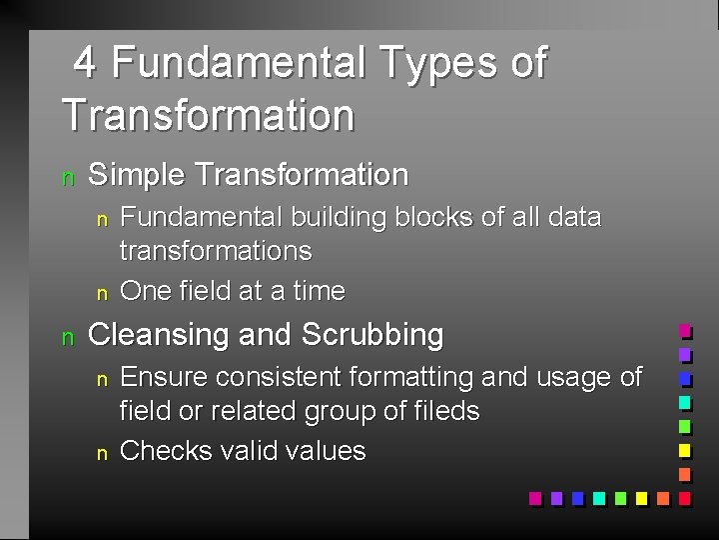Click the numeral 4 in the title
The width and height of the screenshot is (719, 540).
click(x=86, y=63)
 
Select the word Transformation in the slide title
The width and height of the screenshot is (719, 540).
click(x=208, y=114)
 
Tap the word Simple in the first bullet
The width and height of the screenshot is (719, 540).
click(x=138, y=175)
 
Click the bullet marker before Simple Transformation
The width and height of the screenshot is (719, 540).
click(x=67, y=178)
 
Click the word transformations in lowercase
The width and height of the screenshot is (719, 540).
click(x=216, y=250)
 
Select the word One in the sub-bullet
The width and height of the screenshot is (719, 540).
click(x=145, y=291)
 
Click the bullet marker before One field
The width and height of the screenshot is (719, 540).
click(x=100, y=294)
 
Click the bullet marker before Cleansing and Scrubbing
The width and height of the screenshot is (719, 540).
click(x=67, y=338)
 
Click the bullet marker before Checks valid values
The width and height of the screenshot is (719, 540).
click(x=100, y=454)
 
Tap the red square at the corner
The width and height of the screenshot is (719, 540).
click(x=684, y=497)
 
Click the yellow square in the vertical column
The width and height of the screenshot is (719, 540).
click(x=684, y=450)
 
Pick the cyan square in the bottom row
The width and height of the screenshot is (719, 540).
click(x=598, y=497)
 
